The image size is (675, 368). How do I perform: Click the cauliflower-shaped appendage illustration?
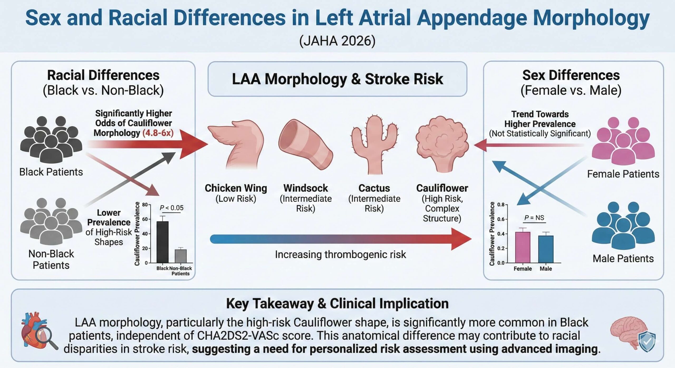coord(442,142)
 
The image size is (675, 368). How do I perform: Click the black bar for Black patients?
coord(162,242)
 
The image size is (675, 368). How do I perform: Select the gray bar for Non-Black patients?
coord(181,256)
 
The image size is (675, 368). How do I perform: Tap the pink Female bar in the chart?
coord(523,247)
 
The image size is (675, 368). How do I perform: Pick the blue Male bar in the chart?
coord(546,249)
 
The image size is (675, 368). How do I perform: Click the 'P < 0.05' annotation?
coord(171,208)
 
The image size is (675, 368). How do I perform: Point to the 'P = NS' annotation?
coord(534,218)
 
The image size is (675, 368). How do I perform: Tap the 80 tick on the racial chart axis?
coord(145,205)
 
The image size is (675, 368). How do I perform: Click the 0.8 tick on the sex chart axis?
coord(501,205)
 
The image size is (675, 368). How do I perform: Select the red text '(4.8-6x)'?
coord(158,133)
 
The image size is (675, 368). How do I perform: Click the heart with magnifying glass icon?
coord(38,331)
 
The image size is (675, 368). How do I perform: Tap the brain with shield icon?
coord(633,333)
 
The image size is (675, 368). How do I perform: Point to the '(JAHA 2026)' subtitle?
coord(337,41)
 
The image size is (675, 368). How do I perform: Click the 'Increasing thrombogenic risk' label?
coord(340,254)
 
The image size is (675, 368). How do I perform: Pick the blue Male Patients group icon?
coord(623,225)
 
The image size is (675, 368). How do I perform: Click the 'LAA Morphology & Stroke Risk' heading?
coord(337,79)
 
